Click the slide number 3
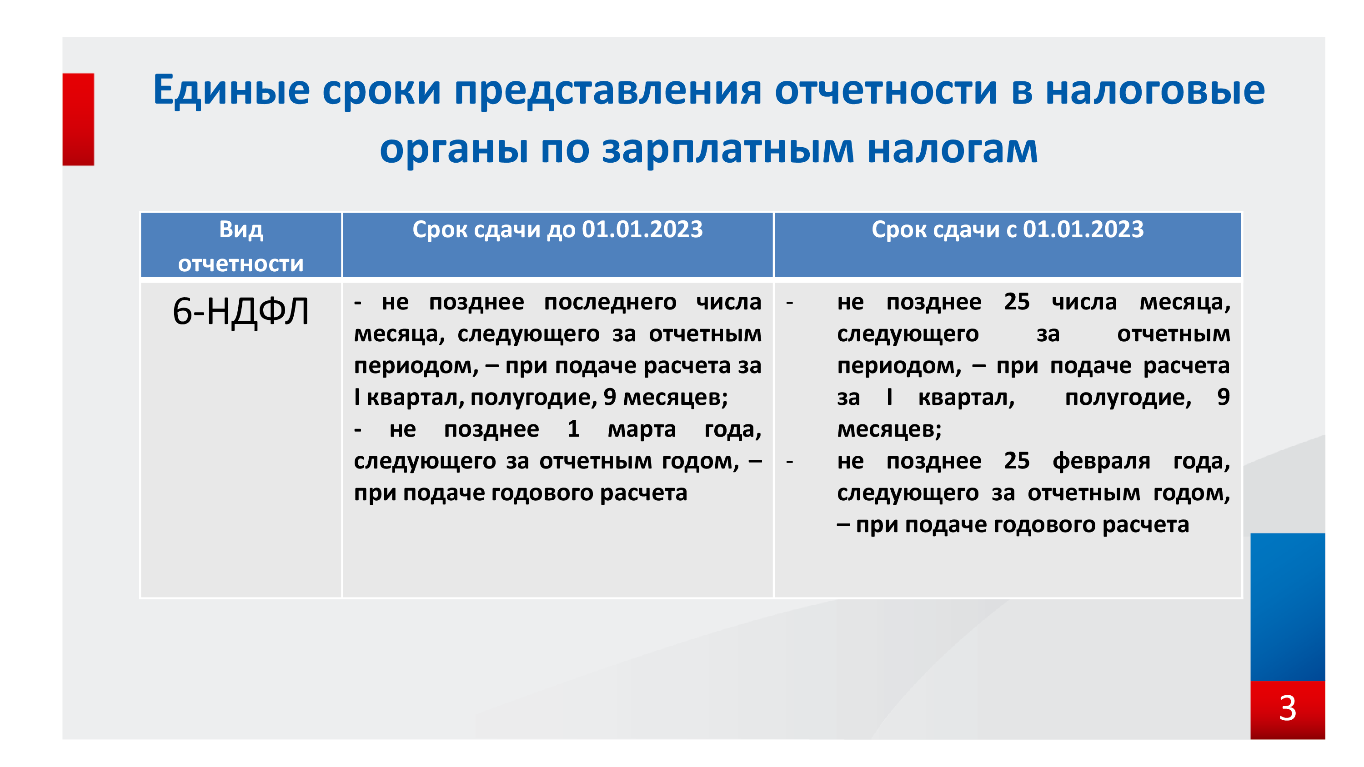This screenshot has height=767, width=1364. tap(1287, 708)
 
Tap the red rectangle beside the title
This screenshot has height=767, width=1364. tap(78, 119)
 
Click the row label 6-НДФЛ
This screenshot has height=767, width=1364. tap(241, 311)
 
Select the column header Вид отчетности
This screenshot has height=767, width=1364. tap(241, 246)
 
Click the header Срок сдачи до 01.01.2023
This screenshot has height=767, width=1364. tap(557, 230)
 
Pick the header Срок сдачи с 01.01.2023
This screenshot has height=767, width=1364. tap(1008, 230)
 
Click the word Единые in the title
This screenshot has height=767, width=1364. tap(231, 90)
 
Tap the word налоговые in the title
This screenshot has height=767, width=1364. tap(1155, 90)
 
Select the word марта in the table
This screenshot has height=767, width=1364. tap(642, 429)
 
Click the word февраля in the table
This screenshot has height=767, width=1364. tap(1101, 461)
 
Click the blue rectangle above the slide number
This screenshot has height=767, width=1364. tap(1287, 607)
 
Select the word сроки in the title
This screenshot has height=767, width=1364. tap(382, 90)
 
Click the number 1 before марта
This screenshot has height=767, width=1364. tap(573, 429)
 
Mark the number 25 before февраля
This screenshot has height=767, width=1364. tap(1017, 461)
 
